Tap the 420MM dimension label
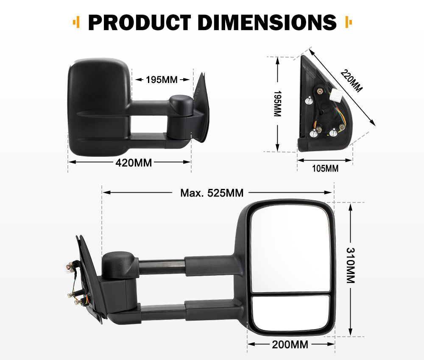point(134,162)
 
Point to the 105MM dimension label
point(325,169)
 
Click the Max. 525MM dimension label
point(212,193)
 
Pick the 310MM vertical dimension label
point(350,265)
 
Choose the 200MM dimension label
point(290,344)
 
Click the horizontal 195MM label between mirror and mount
point(162,80)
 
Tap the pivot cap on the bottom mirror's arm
point(118,264)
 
